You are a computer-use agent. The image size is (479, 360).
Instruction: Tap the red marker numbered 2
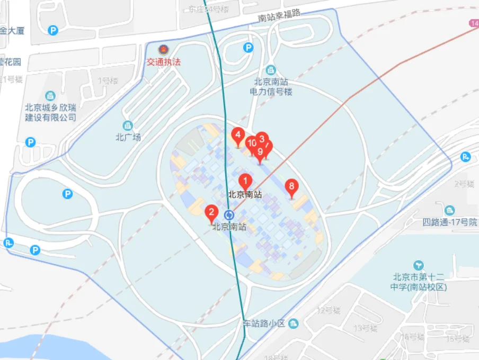211,214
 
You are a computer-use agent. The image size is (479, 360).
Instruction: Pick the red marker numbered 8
291,186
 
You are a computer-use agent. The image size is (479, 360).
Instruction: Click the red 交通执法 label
164,62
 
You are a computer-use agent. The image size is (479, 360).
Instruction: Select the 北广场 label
128,138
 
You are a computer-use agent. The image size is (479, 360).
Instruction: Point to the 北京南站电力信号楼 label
271,87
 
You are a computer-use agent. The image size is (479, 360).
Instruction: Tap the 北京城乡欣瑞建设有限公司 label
51,112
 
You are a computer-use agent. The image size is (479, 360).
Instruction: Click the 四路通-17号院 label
450,222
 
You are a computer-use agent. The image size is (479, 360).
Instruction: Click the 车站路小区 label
264,323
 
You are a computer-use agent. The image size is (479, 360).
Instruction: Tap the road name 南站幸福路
279,16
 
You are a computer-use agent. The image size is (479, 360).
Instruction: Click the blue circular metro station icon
229,215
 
